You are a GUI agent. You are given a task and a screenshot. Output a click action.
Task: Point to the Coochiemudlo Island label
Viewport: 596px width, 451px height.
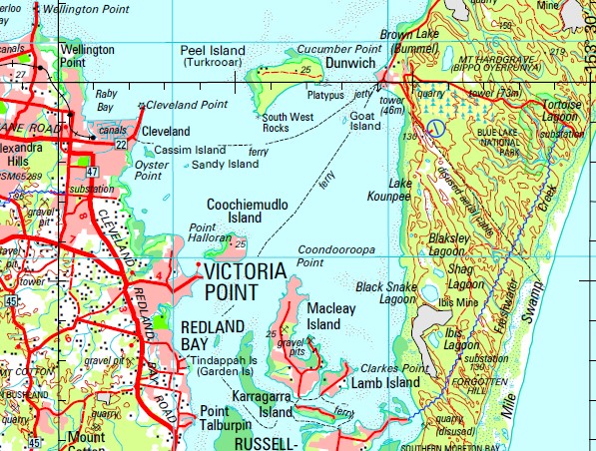[x=247, y=211]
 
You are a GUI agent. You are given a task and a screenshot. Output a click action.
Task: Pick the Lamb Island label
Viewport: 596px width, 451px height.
[x=385, y=382]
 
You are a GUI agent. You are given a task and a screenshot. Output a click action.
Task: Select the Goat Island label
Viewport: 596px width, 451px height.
[x=366, y=121]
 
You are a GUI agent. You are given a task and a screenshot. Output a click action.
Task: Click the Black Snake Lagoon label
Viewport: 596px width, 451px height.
[x=384, y=292]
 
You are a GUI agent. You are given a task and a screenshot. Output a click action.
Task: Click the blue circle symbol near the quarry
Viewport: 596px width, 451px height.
[x=436, y=128]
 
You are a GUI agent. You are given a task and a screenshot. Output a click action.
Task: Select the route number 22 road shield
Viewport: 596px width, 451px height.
[x=120, y=145]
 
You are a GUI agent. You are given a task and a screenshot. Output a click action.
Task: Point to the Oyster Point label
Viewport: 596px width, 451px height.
[x=149, y=171]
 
